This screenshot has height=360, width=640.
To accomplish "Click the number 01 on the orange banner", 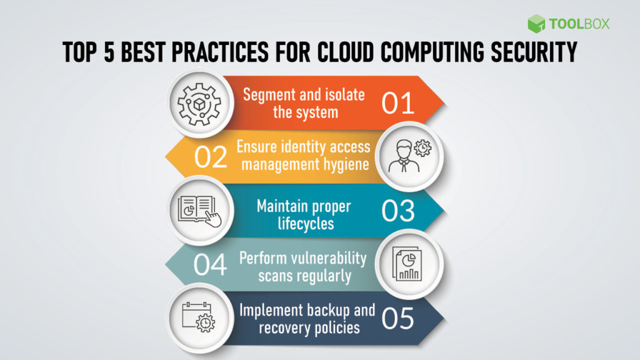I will click(398, 103).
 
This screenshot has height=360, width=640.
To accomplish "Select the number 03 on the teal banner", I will click(398, 211).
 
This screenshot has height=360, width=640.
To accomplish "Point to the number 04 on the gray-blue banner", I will click(210, 265).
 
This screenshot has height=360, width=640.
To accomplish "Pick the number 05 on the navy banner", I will click(398, 319).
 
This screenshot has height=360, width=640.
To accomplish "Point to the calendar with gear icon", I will click(196, 317).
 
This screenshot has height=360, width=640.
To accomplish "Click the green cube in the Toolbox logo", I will click(536, 24).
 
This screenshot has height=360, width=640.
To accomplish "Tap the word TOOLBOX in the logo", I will click(579, 24).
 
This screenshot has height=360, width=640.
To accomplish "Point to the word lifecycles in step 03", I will click(304, 223).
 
